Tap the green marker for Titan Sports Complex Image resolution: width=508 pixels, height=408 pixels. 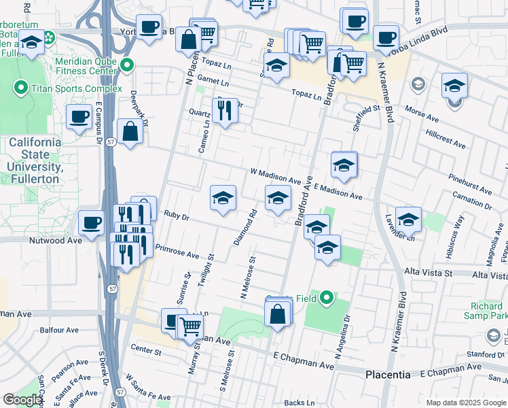(x=21, y=88)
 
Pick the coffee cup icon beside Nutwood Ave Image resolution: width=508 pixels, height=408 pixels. (x=92, y=222)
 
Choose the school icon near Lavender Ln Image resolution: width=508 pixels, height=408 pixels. (x=408, y=219)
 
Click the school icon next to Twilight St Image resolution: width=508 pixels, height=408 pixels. (x=223, y=198)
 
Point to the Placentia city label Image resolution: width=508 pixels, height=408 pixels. (x=388, y=375)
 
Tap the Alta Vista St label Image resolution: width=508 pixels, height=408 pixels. (x=428, y=272)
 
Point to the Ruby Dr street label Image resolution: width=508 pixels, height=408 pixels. (x=176, y=216)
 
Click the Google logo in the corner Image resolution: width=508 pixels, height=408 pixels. (x=22, y=400)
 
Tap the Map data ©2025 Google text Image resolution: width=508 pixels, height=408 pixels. (x=465, y=403)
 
